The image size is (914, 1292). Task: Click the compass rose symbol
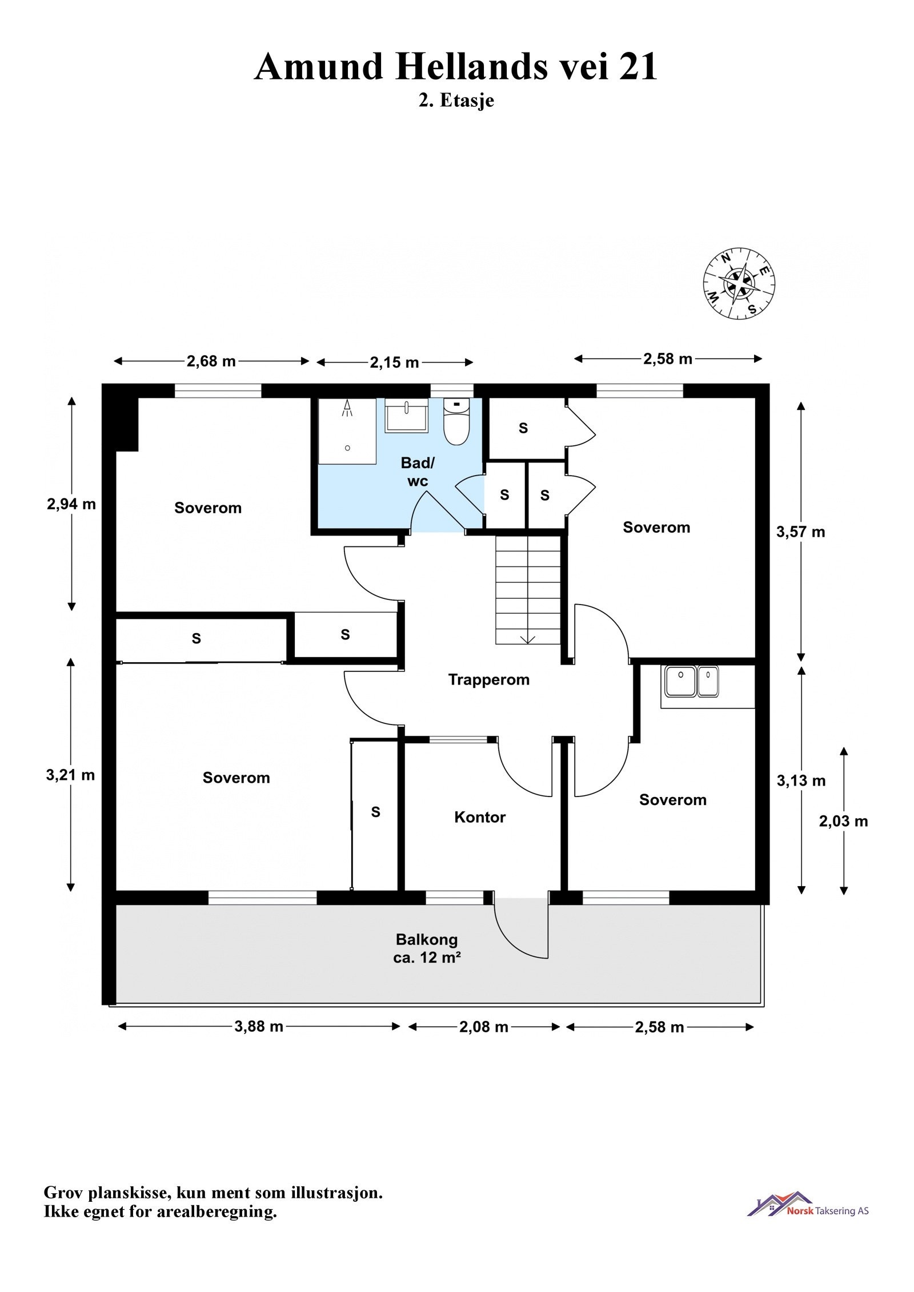click(x=739, y=283)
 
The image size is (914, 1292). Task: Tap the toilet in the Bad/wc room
click(x=456, y=422)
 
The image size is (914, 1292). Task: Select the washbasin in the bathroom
click(x=406, y=416)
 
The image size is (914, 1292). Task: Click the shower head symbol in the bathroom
click(x=346, y=408)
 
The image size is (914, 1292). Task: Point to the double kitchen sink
click(x=691, y=681)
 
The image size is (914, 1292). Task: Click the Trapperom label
click(x=488, y=679)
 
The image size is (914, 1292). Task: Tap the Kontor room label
click(x=479, y=817)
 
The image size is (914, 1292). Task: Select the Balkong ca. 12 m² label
click(x=427, y=948)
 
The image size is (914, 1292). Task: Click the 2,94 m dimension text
click(x=71, y=504)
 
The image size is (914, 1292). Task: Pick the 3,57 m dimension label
click(x=800, y=532)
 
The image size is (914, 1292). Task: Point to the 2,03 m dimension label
click(x=843, y=821)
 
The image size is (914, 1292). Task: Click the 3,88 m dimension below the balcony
click(x=259, y=1026)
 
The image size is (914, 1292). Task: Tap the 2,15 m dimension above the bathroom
click(x=394, y=363)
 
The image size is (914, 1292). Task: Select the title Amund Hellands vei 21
click(x=456, y=67)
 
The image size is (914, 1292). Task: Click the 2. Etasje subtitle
click(x=456, y=100)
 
